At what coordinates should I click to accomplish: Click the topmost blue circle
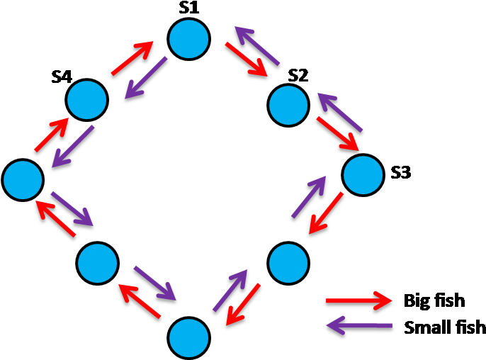click(x=189, y=39)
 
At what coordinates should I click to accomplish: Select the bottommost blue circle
click(x=189, y=337)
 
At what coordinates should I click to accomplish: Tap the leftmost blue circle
click(x=23, y=180)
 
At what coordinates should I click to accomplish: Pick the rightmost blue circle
click(x=363, y=174)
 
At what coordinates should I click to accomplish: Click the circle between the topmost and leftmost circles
click(x=86, y=100)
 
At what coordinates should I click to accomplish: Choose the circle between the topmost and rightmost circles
click(x=288, y=105)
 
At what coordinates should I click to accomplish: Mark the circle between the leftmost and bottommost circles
click(x=97, y=263)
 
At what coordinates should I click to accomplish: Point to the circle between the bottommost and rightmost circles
click(x=288, y=263)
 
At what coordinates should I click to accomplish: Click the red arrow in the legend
click(x=358, y=300)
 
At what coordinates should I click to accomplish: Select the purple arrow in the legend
click(x=358, y=327)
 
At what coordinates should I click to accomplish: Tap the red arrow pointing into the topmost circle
click(x=132, y=58)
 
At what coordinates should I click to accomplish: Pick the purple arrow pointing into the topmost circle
click(x=257, y=45)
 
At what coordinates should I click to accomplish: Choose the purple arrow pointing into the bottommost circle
click(x=154, y=283)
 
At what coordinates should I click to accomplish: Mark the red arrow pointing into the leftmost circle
click(x=55, y=218)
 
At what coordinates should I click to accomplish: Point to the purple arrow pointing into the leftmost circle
click(x=73, y=147)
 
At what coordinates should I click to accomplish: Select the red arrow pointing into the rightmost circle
click(x=337, y=133)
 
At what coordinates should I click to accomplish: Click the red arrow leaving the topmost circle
click(x=246, y=59)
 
